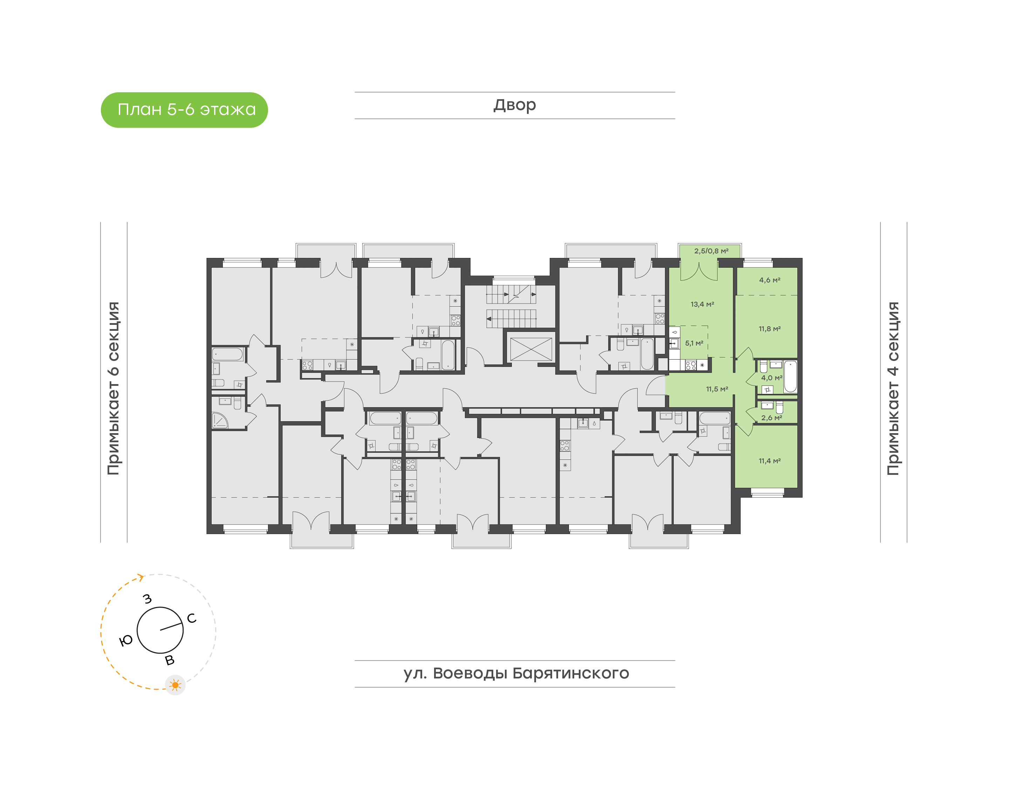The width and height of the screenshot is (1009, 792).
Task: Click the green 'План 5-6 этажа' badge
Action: coord(184,110)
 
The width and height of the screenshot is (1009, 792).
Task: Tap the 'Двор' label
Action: coord(514,105)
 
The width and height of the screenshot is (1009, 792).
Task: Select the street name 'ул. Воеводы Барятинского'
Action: coord(516,673)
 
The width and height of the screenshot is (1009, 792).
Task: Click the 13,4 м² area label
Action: coord(702,304)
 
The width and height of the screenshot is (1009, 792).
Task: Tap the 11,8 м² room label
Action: coord(769,329)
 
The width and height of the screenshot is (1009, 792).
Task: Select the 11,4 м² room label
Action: coord(769,461)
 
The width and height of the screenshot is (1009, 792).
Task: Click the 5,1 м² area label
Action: coord(694,343)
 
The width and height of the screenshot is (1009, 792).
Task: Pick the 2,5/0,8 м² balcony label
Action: coord(711,251)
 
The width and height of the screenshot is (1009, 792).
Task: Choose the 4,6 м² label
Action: coord(769,280)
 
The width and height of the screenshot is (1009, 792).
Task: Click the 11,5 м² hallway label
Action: coord(716,389)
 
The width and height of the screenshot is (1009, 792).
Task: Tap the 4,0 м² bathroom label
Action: coord(771,378)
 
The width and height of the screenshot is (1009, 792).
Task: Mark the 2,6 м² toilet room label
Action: coord(771,418)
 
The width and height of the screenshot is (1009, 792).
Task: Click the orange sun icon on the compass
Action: coord(175,685)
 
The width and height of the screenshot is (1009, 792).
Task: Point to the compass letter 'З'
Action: coord(147,599)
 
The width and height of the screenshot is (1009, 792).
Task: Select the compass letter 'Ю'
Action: coord(126,641)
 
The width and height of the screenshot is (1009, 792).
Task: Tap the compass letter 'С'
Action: coord(191,618)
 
